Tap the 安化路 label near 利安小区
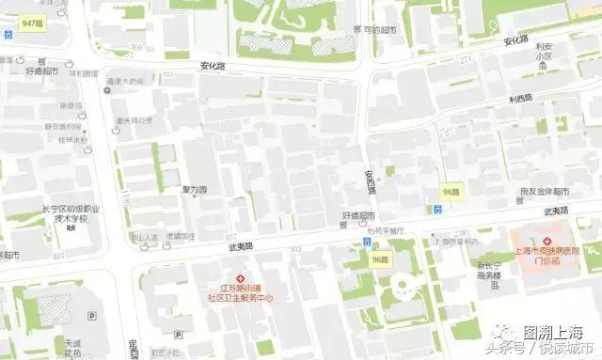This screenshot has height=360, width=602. (516, 40)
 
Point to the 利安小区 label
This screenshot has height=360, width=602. (543, 55)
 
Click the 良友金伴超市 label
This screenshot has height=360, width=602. (547, 193)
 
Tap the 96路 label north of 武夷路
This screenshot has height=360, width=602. (452, 192)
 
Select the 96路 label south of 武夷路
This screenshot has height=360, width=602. (380, 258)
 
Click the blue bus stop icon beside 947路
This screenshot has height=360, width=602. (8, 35)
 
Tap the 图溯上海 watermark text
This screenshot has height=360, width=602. (554, 333)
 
